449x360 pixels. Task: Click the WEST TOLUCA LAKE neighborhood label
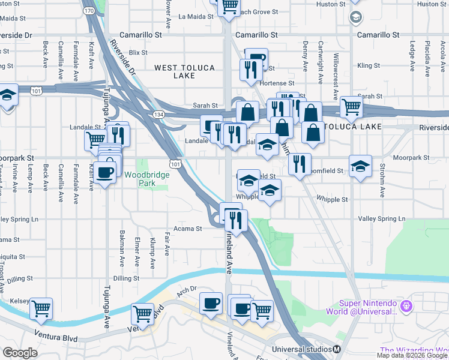click(x=184, y=72)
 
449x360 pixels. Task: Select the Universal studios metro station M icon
click(x=337, y=349)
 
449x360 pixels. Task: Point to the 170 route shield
click(x=89, y=11)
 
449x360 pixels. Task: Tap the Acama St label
click(x=188, y=229)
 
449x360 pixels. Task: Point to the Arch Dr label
click(x=187, y=290)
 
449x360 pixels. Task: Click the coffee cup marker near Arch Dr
click(x=210, y=303)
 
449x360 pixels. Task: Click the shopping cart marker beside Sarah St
click(x=351, y=107)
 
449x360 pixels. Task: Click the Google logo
click(x=20, y=352)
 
